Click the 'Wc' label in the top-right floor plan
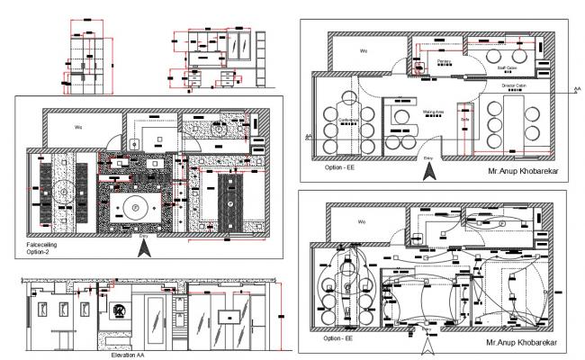(x=364, y=51)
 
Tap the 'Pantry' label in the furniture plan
(x=443, y=61)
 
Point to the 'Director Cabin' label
(x=513, y=85)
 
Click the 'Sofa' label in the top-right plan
(x=465, y=118)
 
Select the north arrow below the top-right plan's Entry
(x=427, y=168)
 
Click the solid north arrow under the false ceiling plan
(x=141, y=248)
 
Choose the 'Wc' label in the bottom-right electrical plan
(x=362, y=220)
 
